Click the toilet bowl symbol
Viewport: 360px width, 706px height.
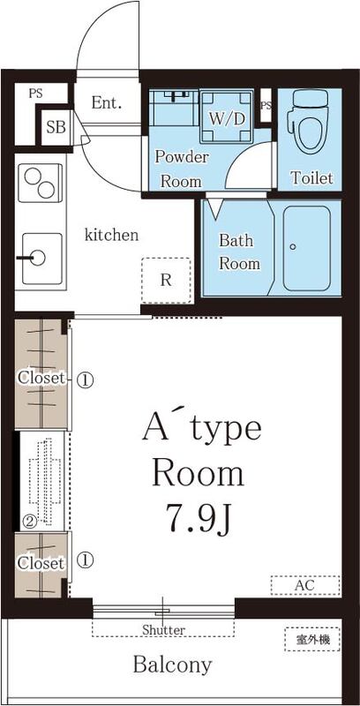coord(311,129)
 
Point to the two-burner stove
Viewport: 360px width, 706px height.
coord(39,184)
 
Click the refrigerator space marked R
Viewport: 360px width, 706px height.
coord(166,281)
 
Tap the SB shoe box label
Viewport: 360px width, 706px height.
coord(56,126)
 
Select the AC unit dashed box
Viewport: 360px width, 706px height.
coord(304,585)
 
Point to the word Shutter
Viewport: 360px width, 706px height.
coord(163,630)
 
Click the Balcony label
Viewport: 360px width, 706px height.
coord(172,665)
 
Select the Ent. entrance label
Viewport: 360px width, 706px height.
coord(106,102)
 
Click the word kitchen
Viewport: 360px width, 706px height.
coord(111,235)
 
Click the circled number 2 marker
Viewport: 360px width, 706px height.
coord(28,521)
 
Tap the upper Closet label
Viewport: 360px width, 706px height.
coord(41,379)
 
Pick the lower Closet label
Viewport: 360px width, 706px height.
coord(41,562)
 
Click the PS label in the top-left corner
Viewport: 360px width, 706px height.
coord(35,92)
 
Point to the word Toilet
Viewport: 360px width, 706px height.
coord(311,178)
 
